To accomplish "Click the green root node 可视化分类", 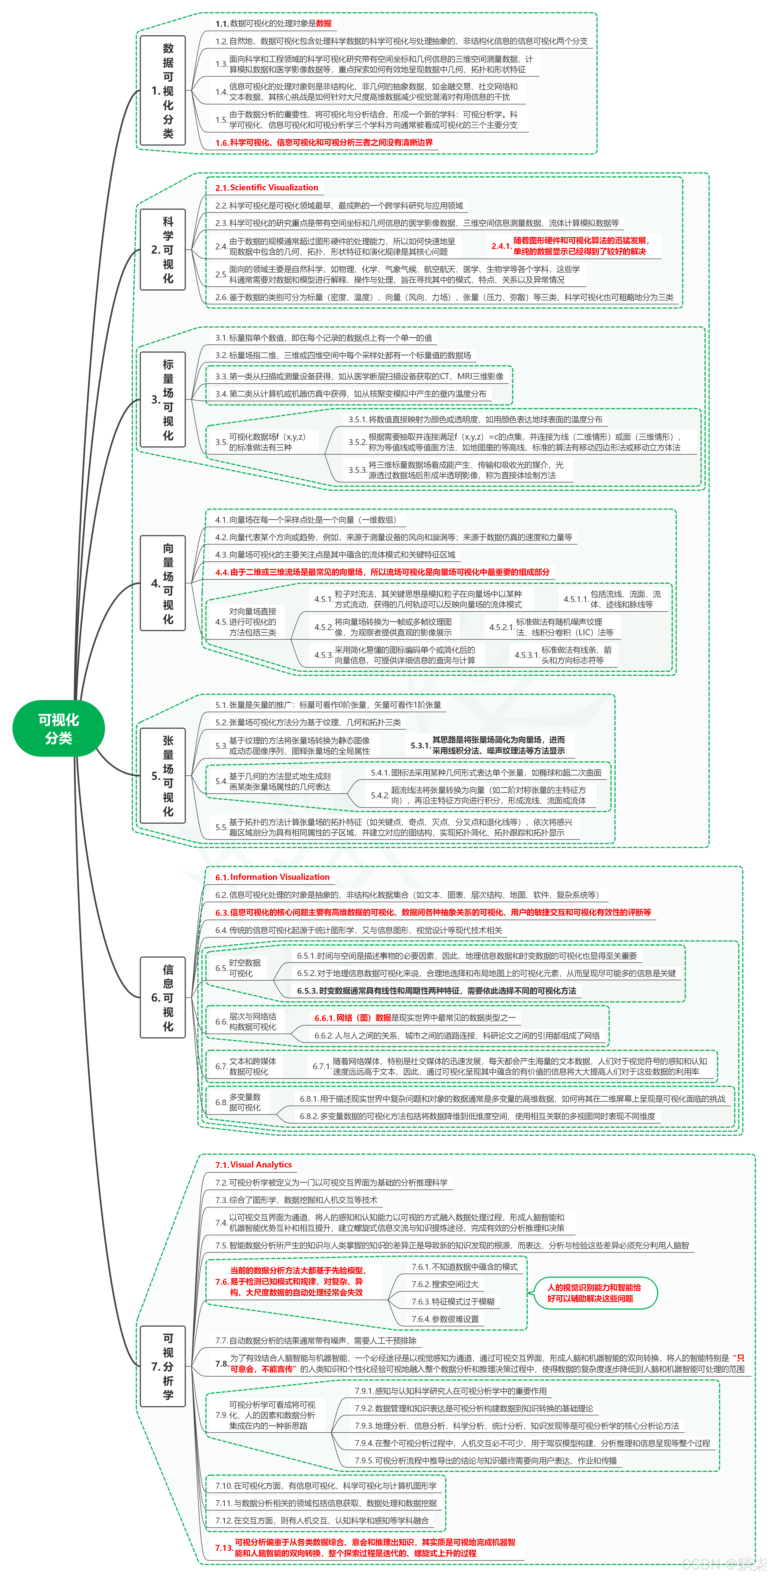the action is (x=59, y=728).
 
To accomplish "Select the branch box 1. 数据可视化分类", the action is (x=163, y=91).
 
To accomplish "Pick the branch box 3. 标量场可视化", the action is (x=163, y=399).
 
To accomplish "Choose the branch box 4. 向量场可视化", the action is (x=163, y=583).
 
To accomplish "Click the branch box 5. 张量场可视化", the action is (x=163, y=775).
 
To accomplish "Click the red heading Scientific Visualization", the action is (x=267, y=187).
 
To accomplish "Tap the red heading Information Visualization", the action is (x=273, y=877).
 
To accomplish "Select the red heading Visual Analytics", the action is (x=254, y=1164).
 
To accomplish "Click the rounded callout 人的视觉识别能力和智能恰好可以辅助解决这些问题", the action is (x=594, y=1293).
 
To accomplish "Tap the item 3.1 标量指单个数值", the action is (x=323, y=337).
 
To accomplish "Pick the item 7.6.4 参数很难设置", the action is (x=445, y=1319).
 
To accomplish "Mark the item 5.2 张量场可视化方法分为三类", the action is (x=308, y=722).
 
